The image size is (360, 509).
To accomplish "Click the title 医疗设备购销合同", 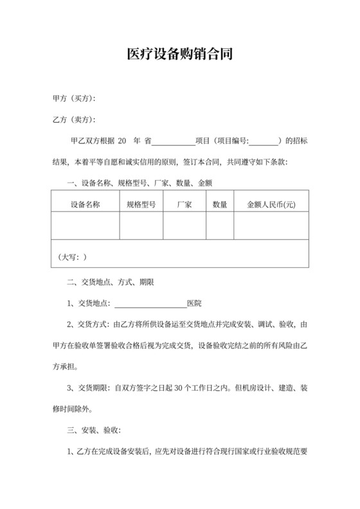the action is pyautogui.click(x=179, y=55).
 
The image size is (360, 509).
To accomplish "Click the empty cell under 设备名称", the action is pyautogui.click(x=85, y=226).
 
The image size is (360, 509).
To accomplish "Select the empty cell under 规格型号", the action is pyautogui.click(x=141, y=226).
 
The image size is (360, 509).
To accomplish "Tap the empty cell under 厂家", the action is pyautogui.click(x=184, y=226).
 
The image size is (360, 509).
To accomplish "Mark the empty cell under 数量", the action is pyautogui.click(x=220, y=226).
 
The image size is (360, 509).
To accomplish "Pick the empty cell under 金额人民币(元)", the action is pyautogui.click(x=271, y=226).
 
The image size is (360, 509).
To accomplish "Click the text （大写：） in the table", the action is pyautogui.click(x=72, y=257).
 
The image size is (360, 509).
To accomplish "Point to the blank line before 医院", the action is pyautogui.click(x=150, y=304).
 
